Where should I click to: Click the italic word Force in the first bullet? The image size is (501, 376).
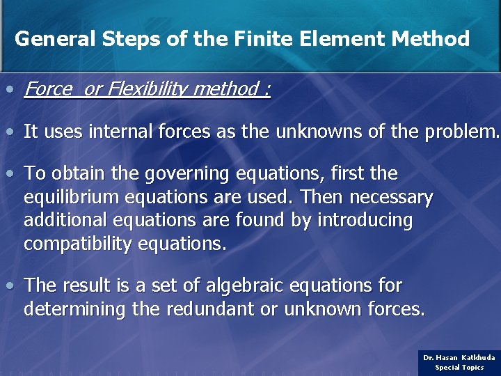pyautogui.click(x=47, y=89)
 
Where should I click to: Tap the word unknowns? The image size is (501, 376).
pyautogui.click(x=324, y=132)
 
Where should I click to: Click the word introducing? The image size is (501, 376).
pyautogui.click(x=365, y=221)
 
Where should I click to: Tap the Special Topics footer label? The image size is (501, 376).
pyautogui.click(x=459, y=367)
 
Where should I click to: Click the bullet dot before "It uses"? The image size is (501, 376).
pyautogui.click(x=10, y=132)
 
